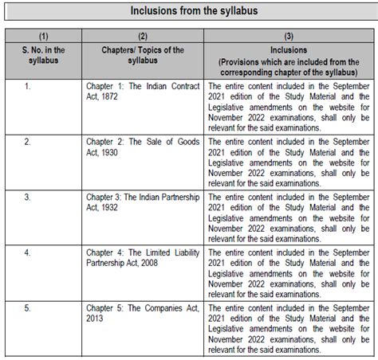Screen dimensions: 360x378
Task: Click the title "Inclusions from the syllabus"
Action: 189,12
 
